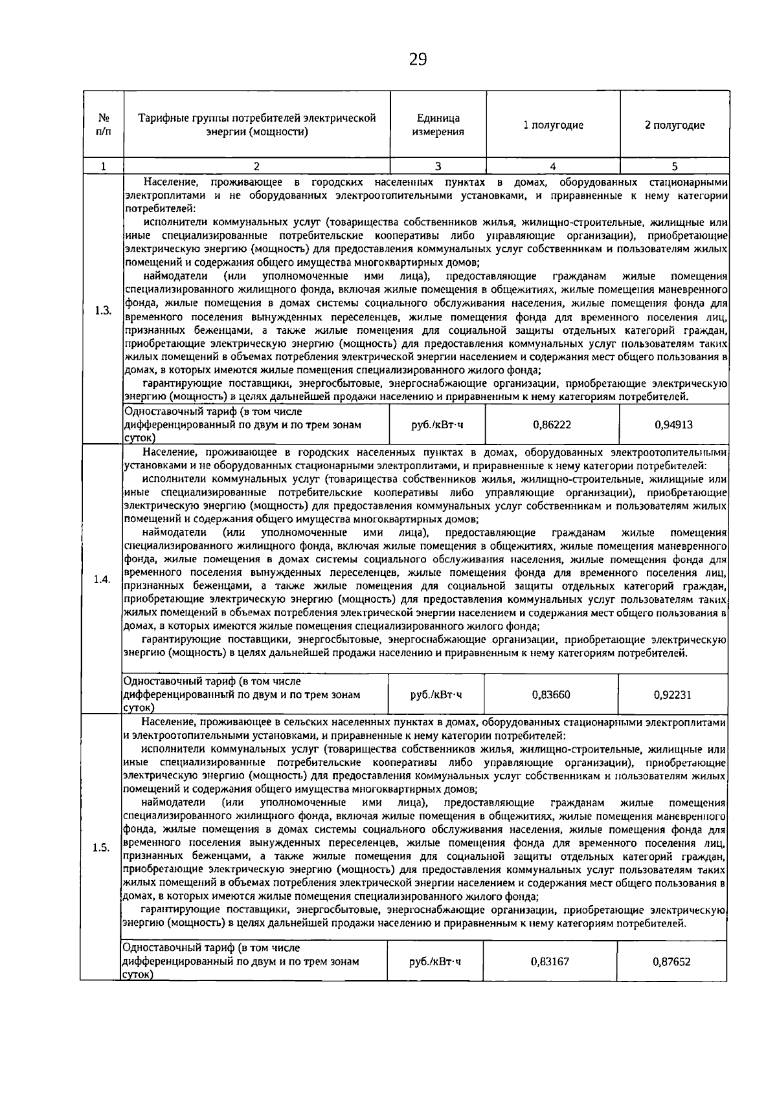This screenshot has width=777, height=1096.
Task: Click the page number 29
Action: [x=418, y=60]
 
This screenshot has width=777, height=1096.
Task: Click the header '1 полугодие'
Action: [x=553, y=126]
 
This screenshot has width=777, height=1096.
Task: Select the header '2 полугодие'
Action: [x=674, y=126]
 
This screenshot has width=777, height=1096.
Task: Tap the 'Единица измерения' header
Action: [x=438, y=126]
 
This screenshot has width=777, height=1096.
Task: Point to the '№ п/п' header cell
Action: [x=102, y=126]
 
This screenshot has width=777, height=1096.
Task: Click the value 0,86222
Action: [x=552, y=425]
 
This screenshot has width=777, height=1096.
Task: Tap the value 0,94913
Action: [x=673, y=425]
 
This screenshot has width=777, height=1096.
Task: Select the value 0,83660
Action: [x=551, y=695]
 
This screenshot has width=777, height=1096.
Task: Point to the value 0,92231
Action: [x=673, y=695]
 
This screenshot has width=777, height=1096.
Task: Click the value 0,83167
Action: [x=550, y=961]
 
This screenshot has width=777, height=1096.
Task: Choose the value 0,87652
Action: [x=672, y=961]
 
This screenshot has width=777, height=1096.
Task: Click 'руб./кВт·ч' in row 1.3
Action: [x=438, y=425]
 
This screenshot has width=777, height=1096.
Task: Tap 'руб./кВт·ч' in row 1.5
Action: [x=436, y=961]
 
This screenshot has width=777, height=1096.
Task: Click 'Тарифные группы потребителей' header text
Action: [x=257, y=118]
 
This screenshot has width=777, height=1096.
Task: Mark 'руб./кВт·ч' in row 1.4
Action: [x=437, y=695]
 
